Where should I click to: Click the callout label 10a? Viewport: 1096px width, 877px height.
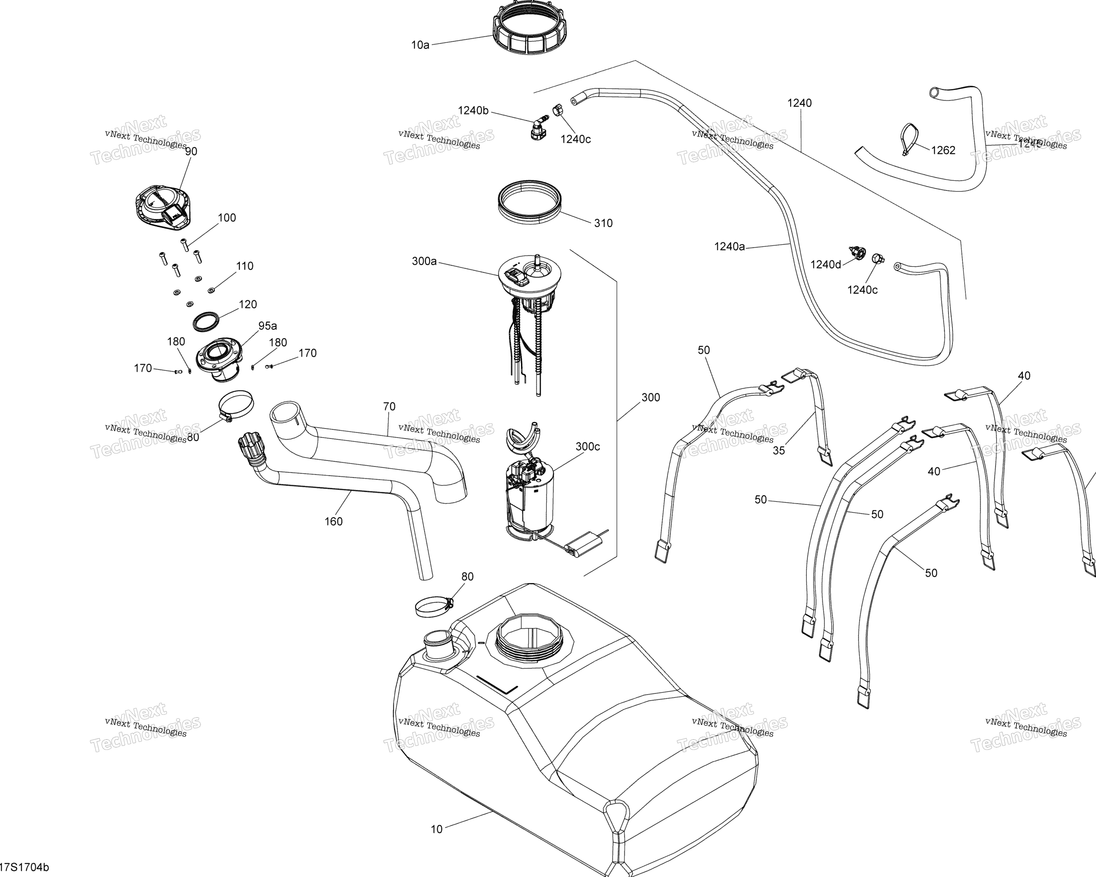(420, 45)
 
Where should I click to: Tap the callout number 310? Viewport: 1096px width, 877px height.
(603, 223)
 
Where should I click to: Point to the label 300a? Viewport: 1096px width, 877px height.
(424, 261)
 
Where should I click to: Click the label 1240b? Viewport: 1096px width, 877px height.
(473, 110)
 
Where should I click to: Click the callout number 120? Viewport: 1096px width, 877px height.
(247, 305)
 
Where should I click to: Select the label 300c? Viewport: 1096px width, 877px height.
(588, 446)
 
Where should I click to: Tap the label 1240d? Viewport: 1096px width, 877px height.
(825, 264)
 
